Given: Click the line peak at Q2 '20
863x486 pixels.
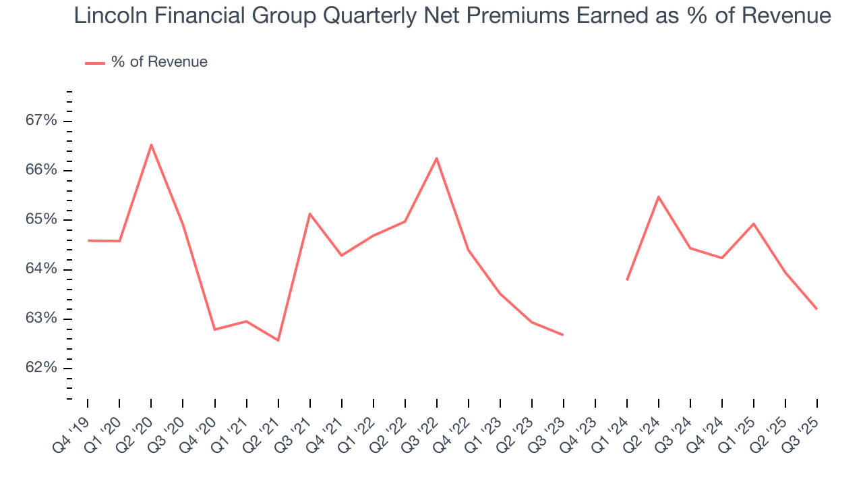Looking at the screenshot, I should coord(151,144).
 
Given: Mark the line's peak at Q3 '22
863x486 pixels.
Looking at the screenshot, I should coord(437,158).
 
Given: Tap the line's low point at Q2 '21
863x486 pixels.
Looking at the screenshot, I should coord(278,340).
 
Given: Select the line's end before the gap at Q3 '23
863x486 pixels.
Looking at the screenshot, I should coord(563,335).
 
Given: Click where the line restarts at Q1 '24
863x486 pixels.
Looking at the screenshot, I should coord(627,279).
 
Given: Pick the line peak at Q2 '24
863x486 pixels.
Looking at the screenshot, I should coord(658,196).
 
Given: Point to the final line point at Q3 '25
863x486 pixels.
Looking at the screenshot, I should coord(817,309).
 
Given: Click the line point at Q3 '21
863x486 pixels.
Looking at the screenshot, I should coord(309,213).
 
